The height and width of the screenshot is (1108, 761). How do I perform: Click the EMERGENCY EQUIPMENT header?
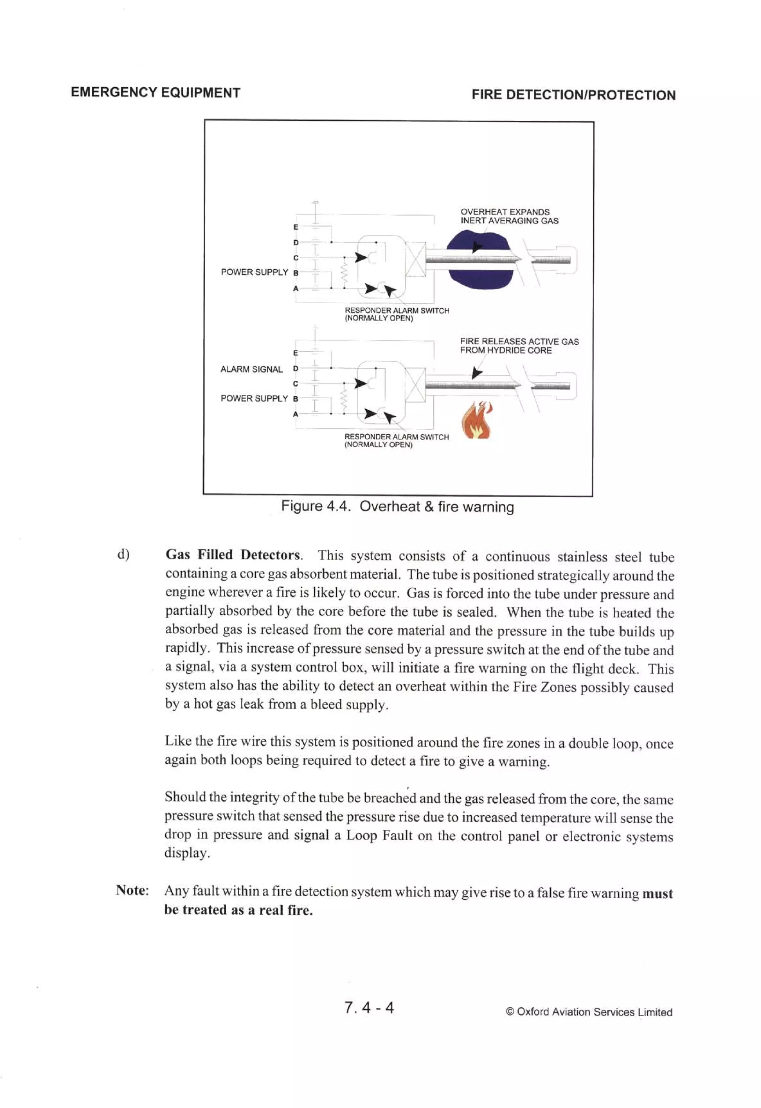coord(155,92)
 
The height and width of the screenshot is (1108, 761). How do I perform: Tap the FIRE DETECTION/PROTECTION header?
coord(574,95)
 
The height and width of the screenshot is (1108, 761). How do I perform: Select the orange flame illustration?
coord(476,420)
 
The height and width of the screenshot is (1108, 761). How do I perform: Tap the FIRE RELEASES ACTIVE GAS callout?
coord(519,346)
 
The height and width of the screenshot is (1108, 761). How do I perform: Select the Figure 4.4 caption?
coord(397,506)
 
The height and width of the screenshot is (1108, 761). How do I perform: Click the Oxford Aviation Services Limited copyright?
coord(589,1012)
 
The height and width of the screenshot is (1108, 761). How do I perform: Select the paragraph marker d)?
coord(123,554)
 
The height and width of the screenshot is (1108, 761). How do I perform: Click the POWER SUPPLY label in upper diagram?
coord(254,272)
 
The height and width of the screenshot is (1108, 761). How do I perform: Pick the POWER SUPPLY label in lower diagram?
coord(254,398)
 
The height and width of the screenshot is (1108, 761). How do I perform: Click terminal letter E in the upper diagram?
coord(296,227)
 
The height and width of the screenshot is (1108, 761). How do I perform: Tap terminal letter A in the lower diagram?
coord(296,414)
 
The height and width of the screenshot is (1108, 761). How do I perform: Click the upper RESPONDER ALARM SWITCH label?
coord(397,314)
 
